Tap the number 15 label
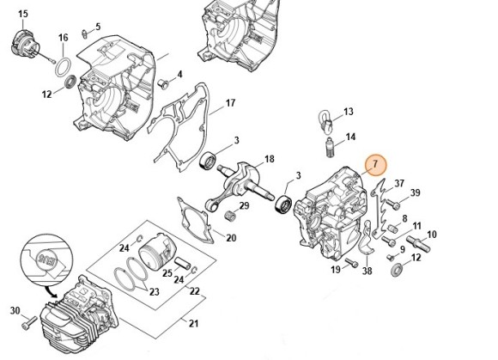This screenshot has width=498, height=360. (x=22, y=15)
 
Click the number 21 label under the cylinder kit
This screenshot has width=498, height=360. (x=192, y=323)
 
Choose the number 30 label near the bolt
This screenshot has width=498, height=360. (x=14, y=311)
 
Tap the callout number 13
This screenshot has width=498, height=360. (x=349, y=113)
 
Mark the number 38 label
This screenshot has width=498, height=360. (x=367, y=272)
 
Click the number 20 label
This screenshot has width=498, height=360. (x=231, y=237)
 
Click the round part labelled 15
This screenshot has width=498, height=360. (x=24, y=43)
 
